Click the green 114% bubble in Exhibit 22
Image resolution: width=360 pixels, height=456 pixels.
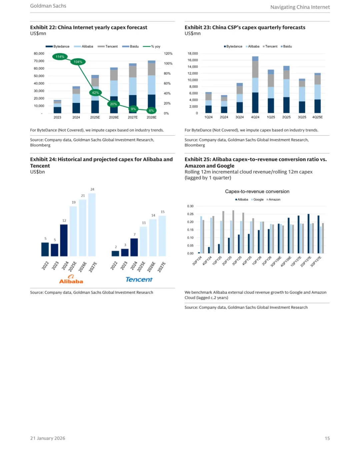coord(60,57)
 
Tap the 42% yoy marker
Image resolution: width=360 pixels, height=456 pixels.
coord(95,93)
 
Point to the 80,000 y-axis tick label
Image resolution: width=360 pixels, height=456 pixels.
coord(39,54)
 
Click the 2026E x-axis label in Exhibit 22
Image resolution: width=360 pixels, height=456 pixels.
coord(114,117)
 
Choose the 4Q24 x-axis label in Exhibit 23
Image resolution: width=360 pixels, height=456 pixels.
coord(255,117)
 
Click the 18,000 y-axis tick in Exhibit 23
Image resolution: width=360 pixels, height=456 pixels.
coord(193,54)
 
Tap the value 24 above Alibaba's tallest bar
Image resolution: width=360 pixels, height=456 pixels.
coord(92,189)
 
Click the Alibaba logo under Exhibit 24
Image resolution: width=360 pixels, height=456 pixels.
coord(71,279)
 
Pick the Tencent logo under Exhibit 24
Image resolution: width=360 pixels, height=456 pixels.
coord(139,279)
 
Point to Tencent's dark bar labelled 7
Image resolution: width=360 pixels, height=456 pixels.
coord(134,247)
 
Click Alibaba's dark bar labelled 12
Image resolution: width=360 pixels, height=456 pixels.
coord(64,240)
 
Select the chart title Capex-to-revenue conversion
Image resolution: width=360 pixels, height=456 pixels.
coord(257,192)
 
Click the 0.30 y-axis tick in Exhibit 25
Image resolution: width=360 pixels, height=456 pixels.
coord(190,206)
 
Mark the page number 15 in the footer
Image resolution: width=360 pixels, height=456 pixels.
coord(327,438)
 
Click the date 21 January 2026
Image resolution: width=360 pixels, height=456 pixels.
coord(48,438)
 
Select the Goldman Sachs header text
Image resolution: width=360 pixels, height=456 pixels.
coord(48,6)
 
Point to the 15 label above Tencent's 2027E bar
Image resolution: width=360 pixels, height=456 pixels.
coord(163,212)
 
